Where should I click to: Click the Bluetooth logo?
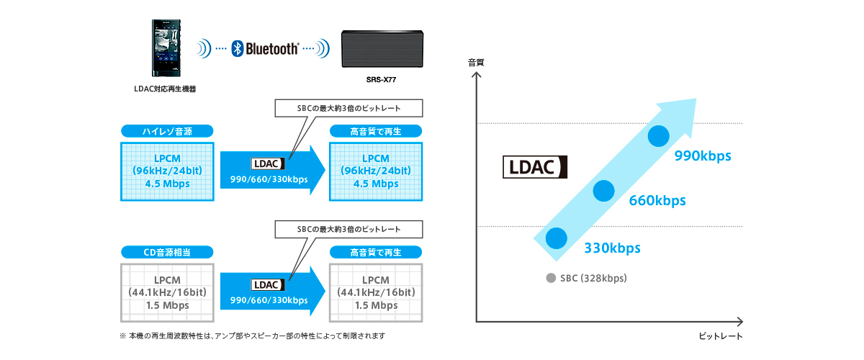coord(264,49)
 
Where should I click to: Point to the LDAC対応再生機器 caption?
coord(165,89)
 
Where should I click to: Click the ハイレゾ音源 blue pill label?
coord(167,131)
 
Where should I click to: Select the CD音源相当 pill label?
coord(167,252)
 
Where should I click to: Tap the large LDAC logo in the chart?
coord(535,168)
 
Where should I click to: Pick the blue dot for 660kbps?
coord(603,190)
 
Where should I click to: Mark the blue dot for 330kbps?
coord(556,238)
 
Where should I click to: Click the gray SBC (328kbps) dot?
coord(551,278)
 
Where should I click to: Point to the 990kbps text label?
coord(703,156)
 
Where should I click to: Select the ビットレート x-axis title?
coord(719,336)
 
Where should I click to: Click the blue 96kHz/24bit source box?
coord(167,171)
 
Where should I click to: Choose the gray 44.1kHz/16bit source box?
coord(167,292)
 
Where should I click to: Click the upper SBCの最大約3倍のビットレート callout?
coord(348,108)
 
